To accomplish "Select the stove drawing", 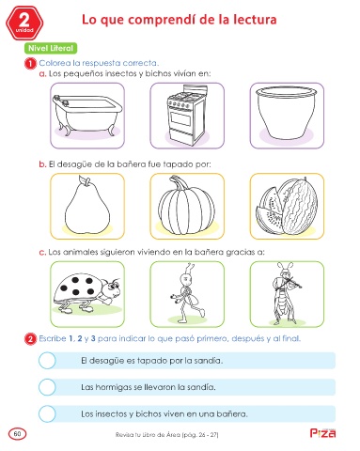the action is pos(186,115).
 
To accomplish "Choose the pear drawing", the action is pos(87,205).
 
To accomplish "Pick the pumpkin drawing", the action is pos(187,206).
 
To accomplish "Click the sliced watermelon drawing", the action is pos(287,206).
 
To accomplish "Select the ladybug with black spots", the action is pos(86,293).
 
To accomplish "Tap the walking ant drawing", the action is pos(188,293).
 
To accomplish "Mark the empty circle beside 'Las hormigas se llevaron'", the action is pos(47,387).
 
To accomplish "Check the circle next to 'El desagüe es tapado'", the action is pos(47,360).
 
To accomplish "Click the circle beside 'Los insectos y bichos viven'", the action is pos(47,413).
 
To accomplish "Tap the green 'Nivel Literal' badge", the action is pos(51,48).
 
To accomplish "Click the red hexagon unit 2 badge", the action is pos(24,23).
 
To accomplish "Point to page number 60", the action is pos(18,434).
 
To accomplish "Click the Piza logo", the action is pos(322,432).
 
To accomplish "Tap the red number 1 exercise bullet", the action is pos(30,64).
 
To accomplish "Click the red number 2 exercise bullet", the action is pos(30,339).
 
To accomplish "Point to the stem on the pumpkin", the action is pos(178,182).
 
